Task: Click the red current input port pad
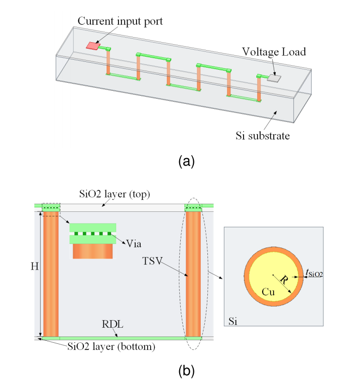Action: pos(93,46)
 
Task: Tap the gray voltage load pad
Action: pos(274,78)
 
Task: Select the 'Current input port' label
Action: pos(120,22)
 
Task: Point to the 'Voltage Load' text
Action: pos(274,52)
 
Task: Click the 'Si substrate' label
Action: pos(263,136)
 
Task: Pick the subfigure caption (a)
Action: pos(186,162)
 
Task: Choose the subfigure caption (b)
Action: pos(186,371)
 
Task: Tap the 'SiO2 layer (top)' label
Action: pos(114,194)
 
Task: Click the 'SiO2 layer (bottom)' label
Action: pos(111,346)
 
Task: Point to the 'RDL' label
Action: pos(112,324)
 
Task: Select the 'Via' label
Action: pos(134,244)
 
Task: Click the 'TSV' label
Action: pos(152,261)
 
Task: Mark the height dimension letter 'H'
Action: pos(35,266)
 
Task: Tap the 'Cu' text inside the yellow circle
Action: pos(268,292)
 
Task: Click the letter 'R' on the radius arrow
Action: pos(284,279)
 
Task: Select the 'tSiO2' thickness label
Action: pos(314,274)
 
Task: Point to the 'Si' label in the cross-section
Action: pos(232,321)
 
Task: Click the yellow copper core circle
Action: pos(274,277)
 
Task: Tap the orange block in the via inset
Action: pos(92,251)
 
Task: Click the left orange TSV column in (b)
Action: pos(51,274)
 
